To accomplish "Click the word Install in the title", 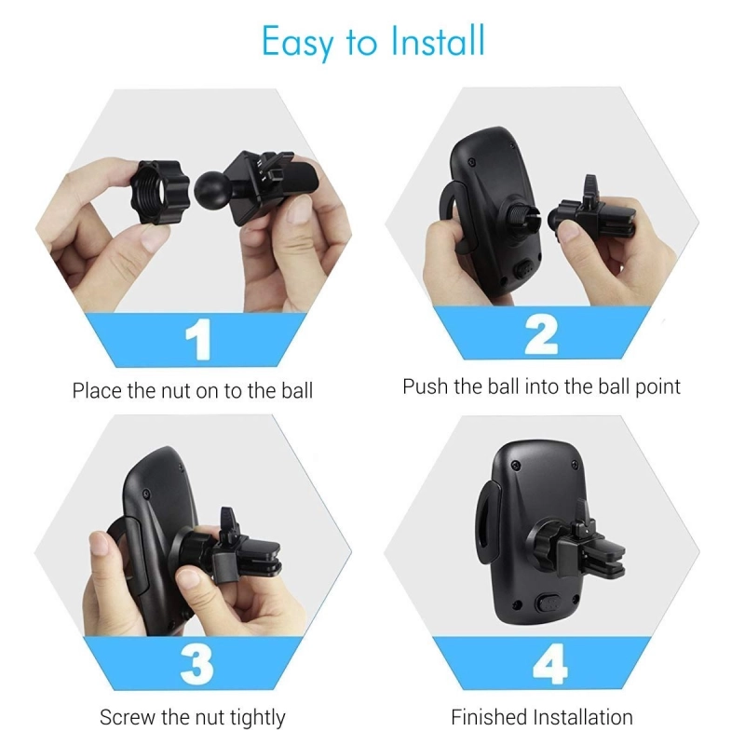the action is coord(438,41).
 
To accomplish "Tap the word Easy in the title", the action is coord(298,44).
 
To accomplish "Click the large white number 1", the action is coord(198,339).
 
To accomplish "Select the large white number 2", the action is coord(541,335).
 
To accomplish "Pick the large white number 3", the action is coord(197,664).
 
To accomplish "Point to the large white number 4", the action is coord(550,664).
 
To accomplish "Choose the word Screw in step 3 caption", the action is coord(128,717).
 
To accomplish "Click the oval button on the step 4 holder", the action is coord(549,603).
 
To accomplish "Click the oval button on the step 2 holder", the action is coord(524,270).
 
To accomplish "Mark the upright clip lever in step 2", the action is coord(590,188).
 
